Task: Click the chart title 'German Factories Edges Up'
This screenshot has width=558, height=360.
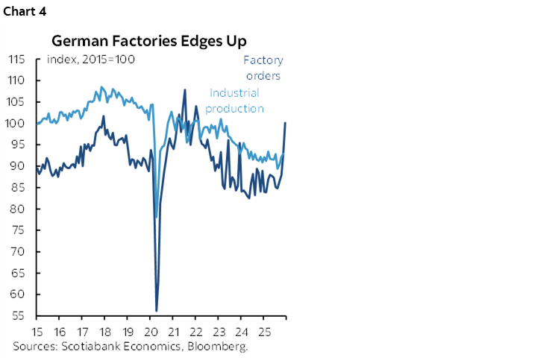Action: coord(149,42)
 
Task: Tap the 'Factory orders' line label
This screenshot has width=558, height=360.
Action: coord(263,67)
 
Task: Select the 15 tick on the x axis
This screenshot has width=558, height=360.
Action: coord(37,331)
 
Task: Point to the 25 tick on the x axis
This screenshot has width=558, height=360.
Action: coord(263,331)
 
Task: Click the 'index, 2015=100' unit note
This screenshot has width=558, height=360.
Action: coord(90,59)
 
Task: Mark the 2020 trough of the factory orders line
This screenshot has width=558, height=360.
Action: coord(157,310)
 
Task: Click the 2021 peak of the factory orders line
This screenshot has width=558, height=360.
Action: coord(184,90)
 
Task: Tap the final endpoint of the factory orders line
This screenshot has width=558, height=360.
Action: coord(286,122)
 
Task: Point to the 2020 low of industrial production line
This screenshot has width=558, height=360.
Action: coord(155,217)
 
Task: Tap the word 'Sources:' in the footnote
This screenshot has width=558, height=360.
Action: coord(34,347)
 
